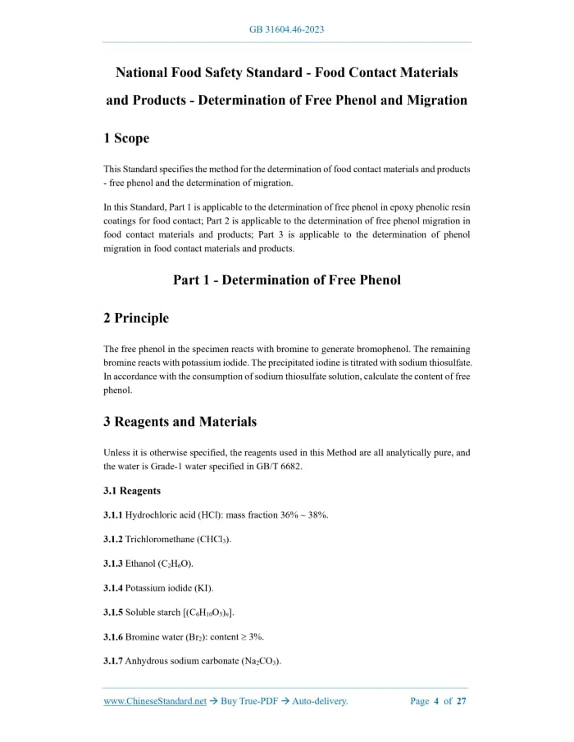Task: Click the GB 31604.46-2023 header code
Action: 287,30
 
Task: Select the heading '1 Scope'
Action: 126,139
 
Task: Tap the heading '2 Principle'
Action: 136,318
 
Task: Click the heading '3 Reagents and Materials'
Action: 180,422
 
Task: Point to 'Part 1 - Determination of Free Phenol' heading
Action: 287,280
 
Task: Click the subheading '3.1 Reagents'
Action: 132,491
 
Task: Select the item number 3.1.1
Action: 113,515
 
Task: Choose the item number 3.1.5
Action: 113,612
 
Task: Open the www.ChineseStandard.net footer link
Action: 155,701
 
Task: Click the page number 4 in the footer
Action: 436,701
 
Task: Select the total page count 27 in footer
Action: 462,701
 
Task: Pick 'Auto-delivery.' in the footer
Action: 321,701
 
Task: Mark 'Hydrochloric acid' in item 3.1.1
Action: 162,515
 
